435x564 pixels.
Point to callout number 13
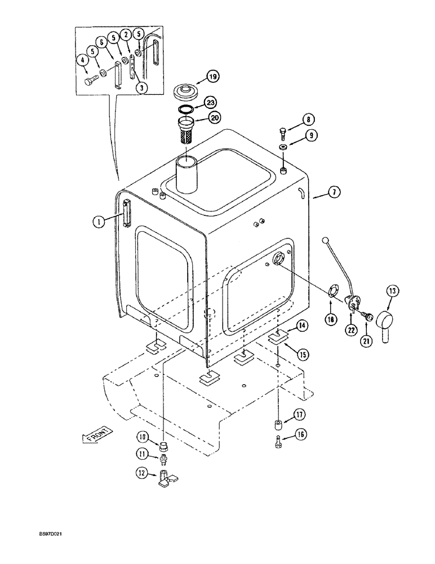392,291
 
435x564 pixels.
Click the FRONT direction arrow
97,435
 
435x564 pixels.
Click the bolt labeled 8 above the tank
282,133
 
